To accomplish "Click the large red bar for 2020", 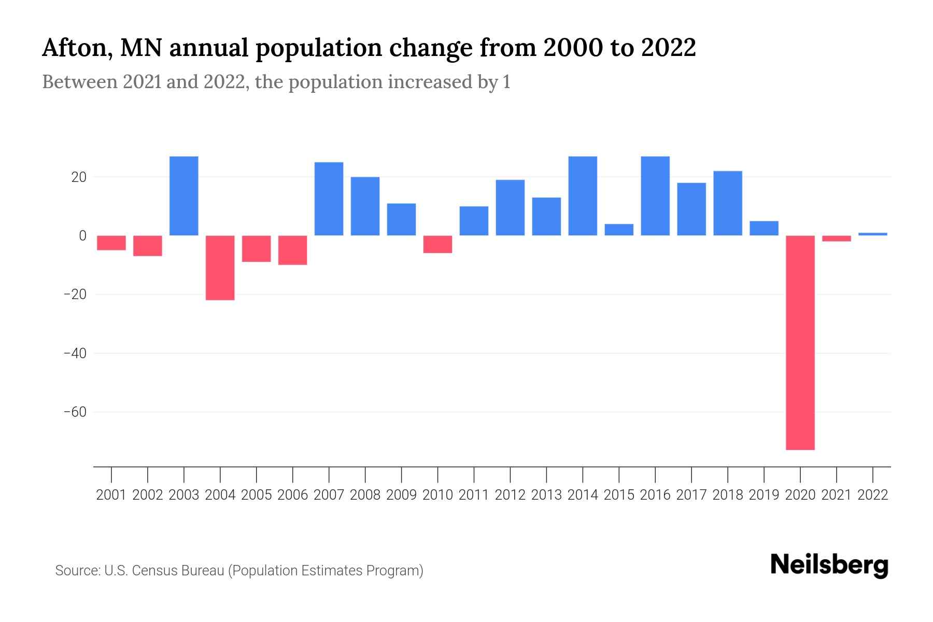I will (800, 342).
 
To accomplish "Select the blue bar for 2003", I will (184, 196).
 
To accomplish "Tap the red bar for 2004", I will (220, 267).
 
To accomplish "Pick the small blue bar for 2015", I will (619, 230).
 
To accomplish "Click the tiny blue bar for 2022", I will (873, 234).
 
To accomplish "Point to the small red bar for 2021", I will (837, 238).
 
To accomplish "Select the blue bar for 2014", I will (583, 196).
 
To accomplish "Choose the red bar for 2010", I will (437, 244).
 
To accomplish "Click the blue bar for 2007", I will (329, 199).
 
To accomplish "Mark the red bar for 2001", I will (111, 243).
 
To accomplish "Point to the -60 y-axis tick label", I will (75, 412).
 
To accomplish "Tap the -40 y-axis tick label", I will (75, 354).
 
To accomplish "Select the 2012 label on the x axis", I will (510, 495).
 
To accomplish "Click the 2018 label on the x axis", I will (728, 495).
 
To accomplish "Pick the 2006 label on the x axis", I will (293, 495).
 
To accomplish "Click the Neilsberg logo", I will (829, 565).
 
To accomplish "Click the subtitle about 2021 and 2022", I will (276, 82).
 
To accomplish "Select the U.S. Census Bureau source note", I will (239, 571).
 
